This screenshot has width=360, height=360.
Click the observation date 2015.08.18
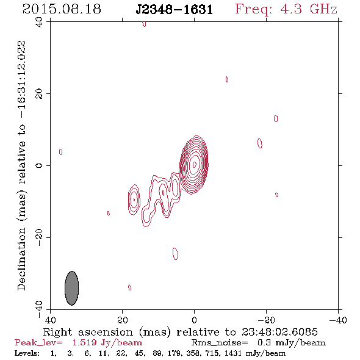click(62, 9)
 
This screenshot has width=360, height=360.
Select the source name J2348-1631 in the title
click(175, 10)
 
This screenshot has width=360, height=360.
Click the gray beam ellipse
click(72, 288)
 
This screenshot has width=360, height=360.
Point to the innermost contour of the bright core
click(195, 164)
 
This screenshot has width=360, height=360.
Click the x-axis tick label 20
click(122, 320)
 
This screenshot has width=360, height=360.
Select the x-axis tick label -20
click(266, 320)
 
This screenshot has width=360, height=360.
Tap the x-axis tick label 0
click(194, 320)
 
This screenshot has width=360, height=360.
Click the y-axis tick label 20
click(39, 94)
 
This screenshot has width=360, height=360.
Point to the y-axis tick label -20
click(39, 237)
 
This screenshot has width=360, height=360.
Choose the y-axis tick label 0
click(39, 165)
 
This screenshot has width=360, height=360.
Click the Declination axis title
click(21, 165)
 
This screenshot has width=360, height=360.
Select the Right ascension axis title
click(181, 332)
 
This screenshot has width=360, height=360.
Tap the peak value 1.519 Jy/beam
click(107, 343)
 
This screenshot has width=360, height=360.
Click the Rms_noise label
click(220, 343)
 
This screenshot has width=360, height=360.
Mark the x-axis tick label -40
click(338, 320)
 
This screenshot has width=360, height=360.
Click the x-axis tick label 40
click(50, 320)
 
